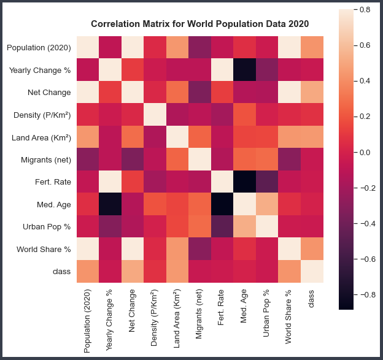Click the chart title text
199,24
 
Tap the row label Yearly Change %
40,71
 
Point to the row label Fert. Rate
53,180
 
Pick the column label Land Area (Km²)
177,318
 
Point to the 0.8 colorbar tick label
365,10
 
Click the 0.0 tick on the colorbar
365,152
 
